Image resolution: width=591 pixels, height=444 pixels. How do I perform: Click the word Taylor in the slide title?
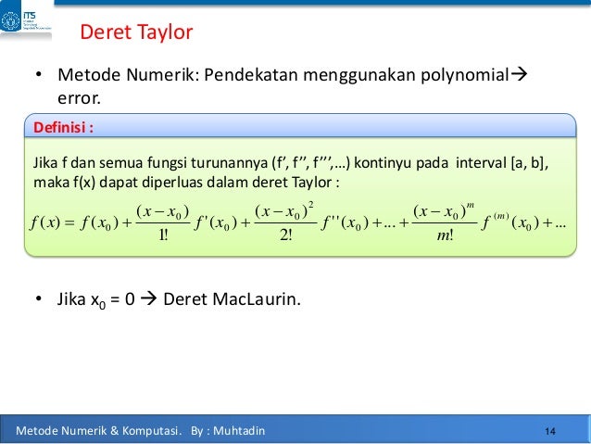[x=163, y=33]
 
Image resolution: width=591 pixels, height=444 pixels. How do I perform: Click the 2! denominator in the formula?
[x=285, y=234]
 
